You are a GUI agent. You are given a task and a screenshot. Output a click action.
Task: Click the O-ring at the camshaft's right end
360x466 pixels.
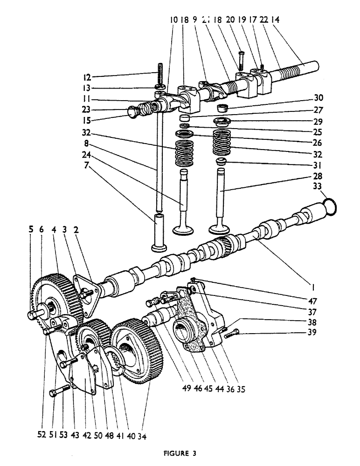[x=329, y=206]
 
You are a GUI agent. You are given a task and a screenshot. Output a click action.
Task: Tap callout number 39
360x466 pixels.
[x=321, y=332]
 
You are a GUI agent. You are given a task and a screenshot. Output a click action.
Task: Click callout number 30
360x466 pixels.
[x=321, y=98]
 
